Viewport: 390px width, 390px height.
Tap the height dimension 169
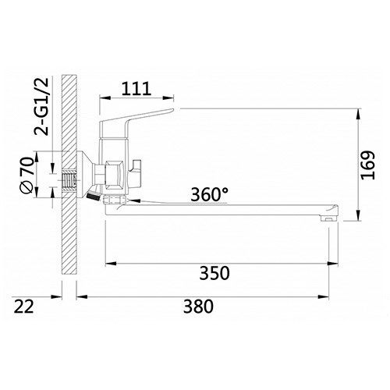(369, 165)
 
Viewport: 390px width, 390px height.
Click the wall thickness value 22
(27, 307)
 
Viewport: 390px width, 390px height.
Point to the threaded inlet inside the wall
(71, 180)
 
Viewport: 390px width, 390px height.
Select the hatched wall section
(69, 234)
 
